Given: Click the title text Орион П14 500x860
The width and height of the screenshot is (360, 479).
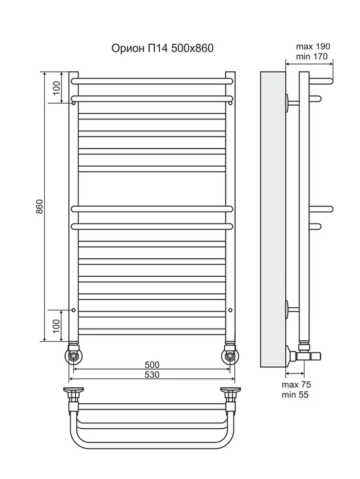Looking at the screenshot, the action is pyautogui.click(x=162, y=48).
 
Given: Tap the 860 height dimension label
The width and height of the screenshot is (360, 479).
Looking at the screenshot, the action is pyautogui.click(x=40, y=206).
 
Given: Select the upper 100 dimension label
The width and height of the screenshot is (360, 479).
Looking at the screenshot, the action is pyautogui.click(x=57, y=88).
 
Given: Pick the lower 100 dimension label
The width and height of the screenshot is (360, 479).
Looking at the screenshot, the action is pyautogui.click(x=57, y=326).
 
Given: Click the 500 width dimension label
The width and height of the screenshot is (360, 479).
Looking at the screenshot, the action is pyautogui.click(x=152, y=365).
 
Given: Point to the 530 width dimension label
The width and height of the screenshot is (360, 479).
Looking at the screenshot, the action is pyautogui.click(x=152, y=375).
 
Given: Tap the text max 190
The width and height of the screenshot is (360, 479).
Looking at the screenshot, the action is pyautogui.click(x=313, y=46).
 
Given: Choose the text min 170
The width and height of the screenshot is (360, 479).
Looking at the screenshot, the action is pyautogui.click(x=312, y=56).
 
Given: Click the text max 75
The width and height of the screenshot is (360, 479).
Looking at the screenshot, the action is pyautogui.click(x=296, y=385).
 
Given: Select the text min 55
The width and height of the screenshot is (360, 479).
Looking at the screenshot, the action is pyautogui.click(x=295, y=394).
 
